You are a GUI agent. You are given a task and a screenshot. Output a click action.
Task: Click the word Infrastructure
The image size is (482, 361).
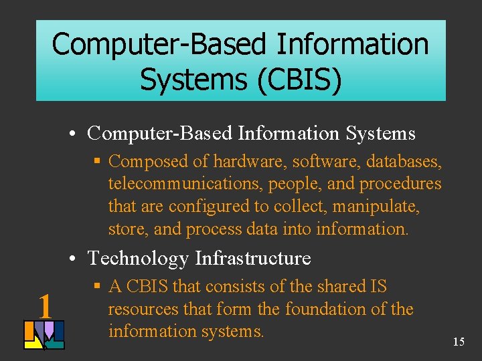coord(253,258)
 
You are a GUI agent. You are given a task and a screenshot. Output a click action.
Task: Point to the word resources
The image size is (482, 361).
coord(147,310)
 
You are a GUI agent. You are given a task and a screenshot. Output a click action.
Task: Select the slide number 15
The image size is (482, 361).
coord(459,342)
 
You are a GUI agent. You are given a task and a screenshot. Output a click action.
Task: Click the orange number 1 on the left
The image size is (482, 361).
coord(45,306)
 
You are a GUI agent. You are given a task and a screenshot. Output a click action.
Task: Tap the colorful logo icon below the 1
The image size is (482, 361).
coord(44,335)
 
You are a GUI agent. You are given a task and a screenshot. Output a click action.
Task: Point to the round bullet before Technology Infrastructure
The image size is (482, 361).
coord(78,259)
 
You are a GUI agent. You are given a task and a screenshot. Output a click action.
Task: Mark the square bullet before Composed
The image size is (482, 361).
coord(98,162)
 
